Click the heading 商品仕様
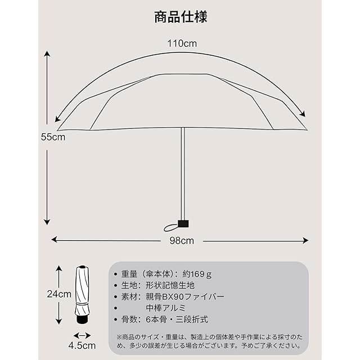click(180, 16)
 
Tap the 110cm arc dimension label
click(181, 43)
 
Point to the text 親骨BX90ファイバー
click(185, 296)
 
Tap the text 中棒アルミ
click(166, 308)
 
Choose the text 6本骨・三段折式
click(177, 319)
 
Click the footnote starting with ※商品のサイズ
click(208, 341)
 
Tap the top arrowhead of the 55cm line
click(47, 54)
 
